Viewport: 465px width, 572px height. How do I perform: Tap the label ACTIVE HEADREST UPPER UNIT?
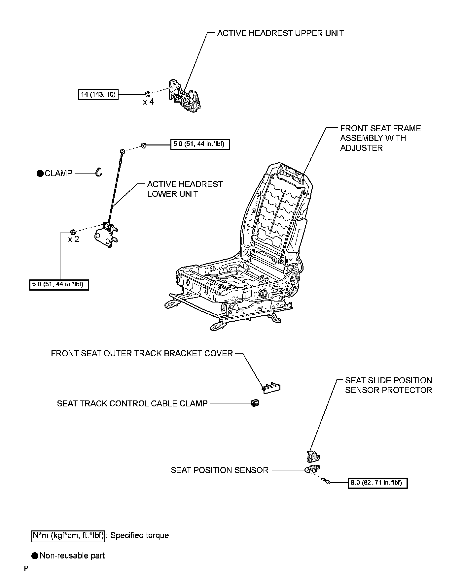point(280,33)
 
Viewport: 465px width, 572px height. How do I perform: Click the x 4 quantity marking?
point(148,102)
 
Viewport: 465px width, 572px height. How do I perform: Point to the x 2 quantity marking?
point(74,239)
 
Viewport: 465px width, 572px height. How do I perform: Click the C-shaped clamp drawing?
point(98,172)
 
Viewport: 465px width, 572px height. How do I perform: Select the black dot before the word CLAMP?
point(40,174)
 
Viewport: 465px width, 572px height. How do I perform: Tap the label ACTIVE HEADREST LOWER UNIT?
point(185,189)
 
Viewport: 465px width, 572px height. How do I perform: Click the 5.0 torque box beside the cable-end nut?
point(200,144)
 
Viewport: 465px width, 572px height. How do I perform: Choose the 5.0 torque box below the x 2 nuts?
point(59,284)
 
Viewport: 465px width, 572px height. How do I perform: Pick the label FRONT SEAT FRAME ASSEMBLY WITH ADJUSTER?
point(380,138)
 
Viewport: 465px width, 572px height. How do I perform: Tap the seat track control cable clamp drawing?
point(255,403)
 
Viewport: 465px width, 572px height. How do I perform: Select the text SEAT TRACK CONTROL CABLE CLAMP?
point(132,403)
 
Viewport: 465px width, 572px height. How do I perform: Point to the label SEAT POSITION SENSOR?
point(219,470)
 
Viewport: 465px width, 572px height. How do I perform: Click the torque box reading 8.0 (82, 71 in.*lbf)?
point(377,483)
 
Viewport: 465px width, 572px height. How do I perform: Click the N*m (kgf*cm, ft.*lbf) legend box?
point(68,535)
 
